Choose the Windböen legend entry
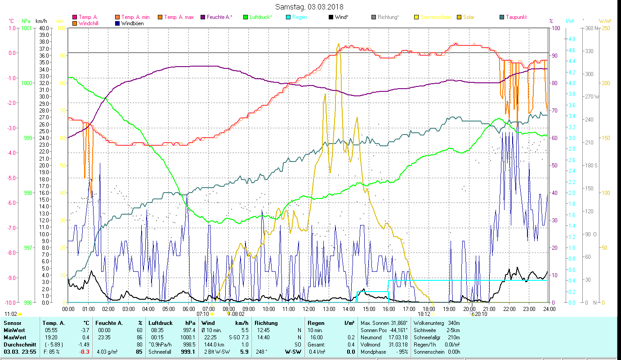pos(132,23)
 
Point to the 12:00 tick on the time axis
pos(309,309)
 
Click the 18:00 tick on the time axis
pos(429,309)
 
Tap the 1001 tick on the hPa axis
pos(27,28)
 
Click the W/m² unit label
pos(605,21)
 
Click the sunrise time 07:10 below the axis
pos(203,314)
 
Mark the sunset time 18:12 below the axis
pos(424,314)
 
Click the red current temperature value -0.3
pos(85,352)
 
